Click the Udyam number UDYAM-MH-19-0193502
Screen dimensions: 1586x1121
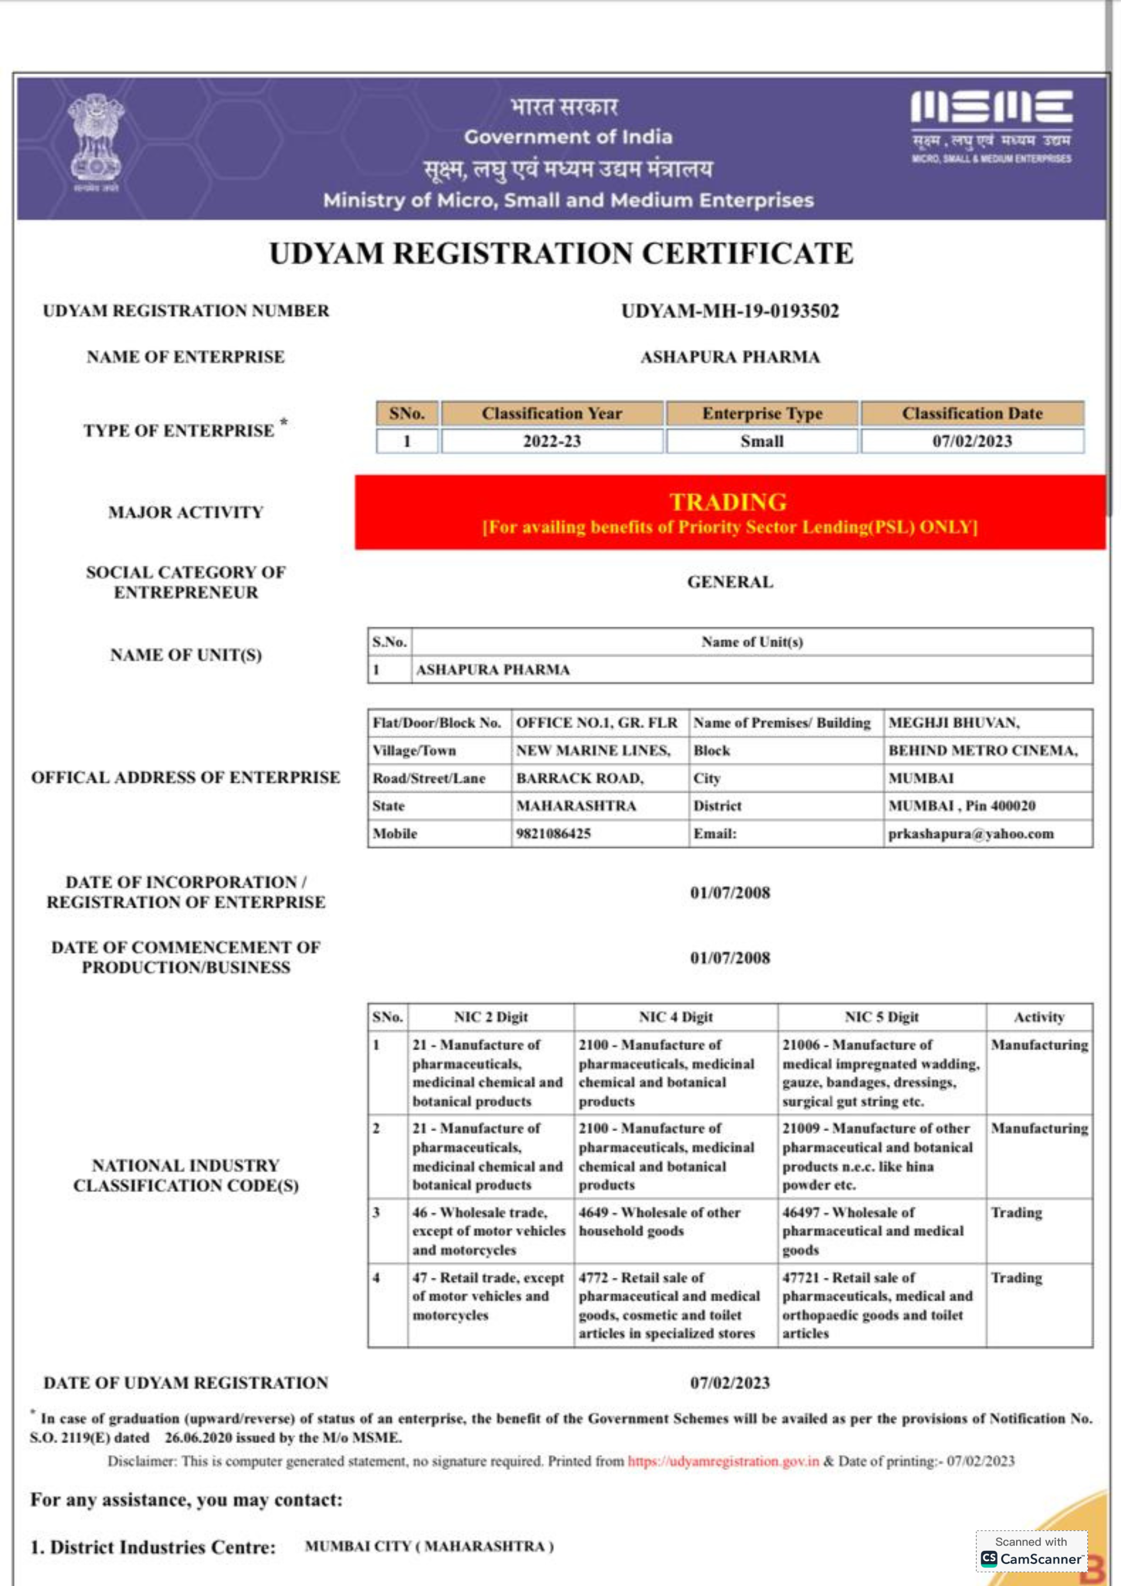730,311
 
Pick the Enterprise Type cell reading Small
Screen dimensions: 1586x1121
761,441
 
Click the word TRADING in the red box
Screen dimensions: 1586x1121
728,501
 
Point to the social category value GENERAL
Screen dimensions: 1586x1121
730,582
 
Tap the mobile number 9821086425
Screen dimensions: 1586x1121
553,833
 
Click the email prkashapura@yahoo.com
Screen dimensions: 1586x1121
970,834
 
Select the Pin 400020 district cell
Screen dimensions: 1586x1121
961,806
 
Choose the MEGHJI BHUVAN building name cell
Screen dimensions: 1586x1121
953,722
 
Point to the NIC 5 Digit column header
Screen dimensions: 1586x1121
881,1017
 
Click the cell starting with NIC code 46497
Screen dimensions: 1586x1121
873,1231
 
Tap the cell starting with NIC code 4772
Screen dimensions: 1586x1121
669,1306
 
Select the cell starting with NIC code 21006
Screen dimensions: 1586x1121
880,1073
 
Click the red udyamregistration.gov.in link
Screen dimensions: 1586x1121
723,1461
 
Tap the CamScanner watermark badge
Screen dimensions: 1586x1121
1031,1552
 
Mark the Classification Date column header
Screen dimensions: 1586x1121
972,413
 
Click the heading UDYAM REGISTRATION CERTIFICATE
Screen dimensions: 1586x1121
561,254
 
